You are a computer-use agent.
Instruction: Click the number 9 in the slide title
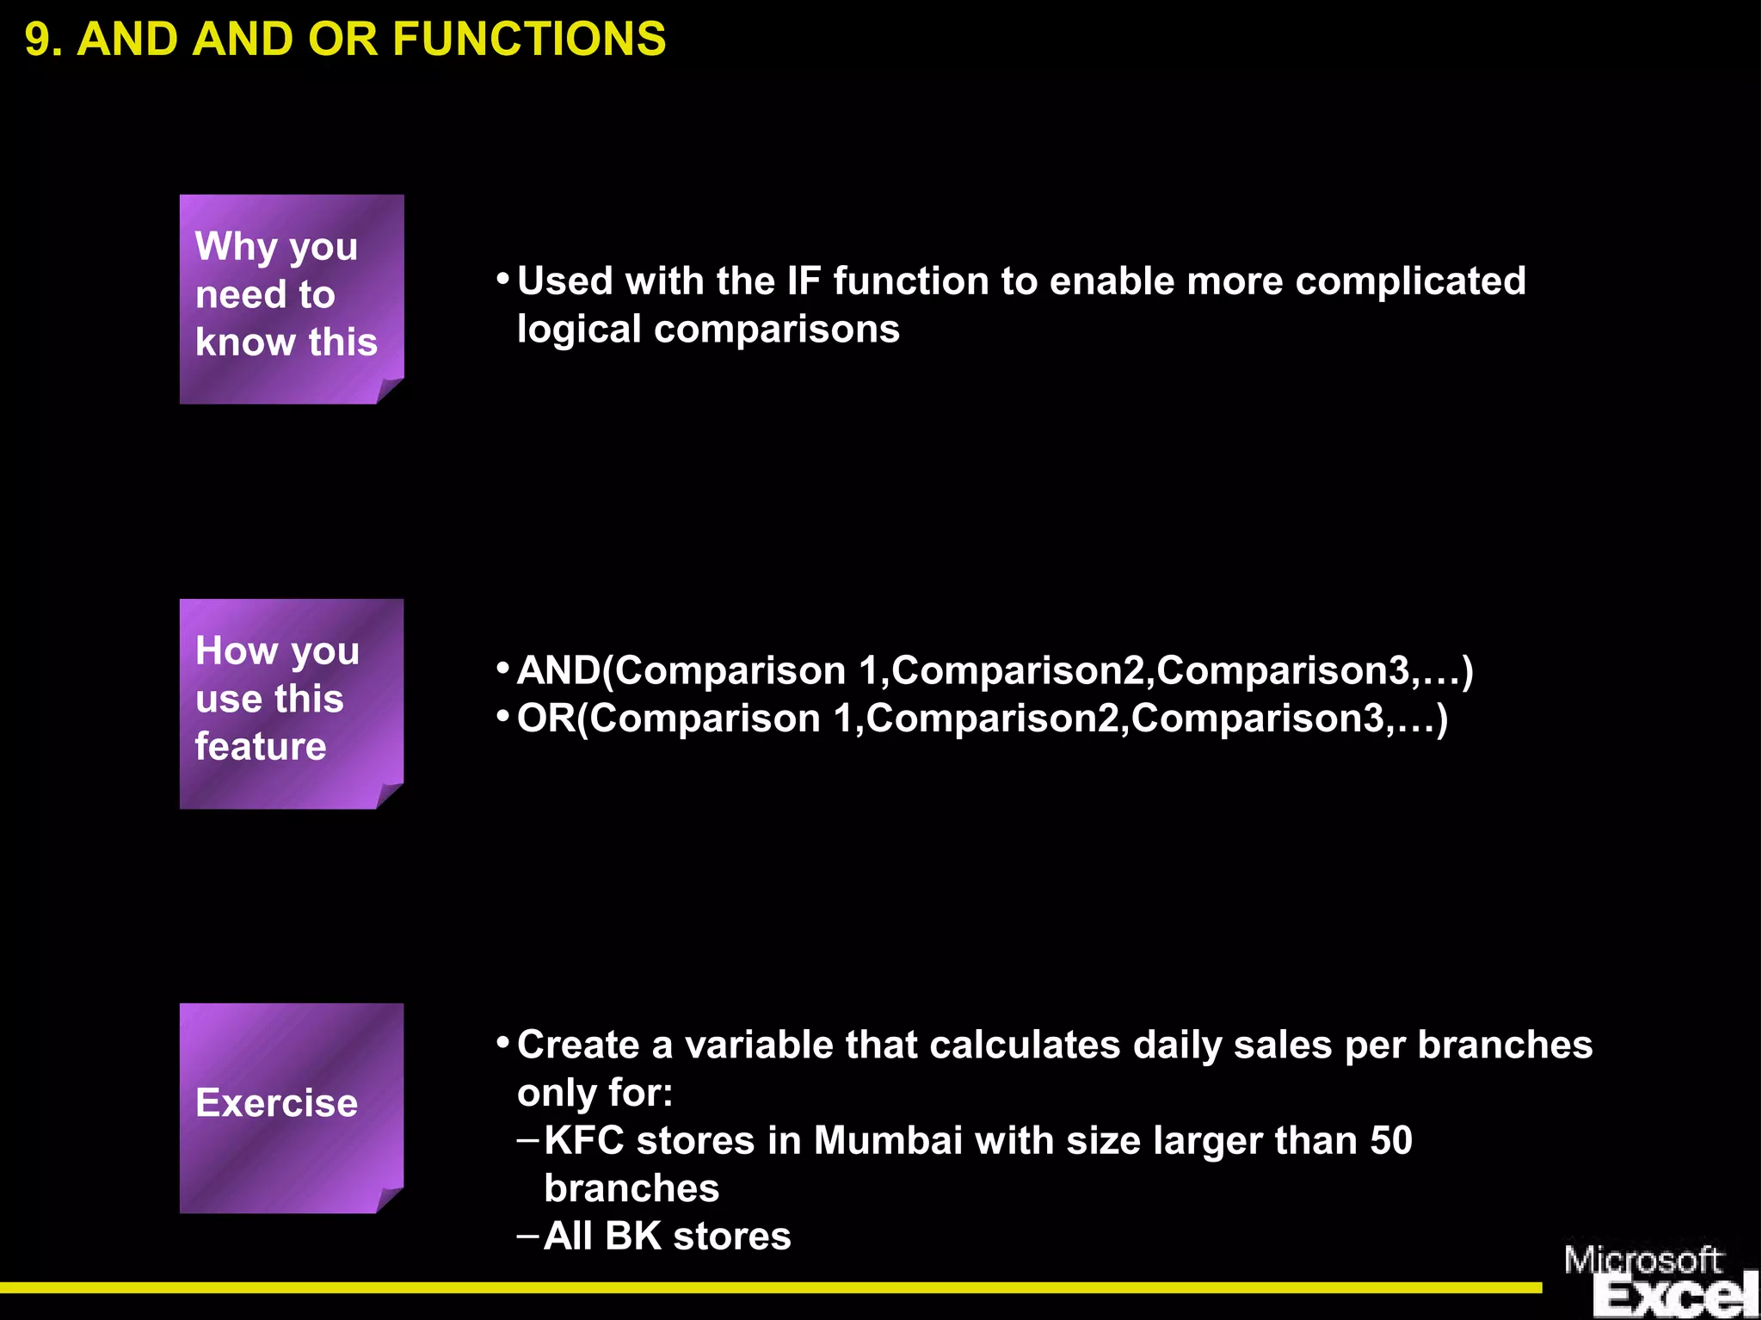click(x=37, y=40)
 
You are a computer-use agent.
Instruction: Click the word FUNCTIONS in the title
click(x=529, y=40)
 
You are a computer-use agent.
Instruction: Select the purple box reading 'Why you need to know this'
click(x=291, y=299)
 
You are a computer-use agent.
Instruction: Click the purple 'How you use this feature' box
click(x=291, y=703)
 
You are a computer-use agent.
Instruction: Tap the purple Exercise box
click(x=291, y=1107)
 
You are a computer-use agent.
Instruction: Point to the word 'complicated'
click(x=1410, y=281)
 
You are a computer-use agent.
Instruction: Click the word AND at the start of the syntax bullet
click(x=558, y=670)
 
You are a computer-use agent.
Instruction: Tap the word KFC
click(x=584, y=1140)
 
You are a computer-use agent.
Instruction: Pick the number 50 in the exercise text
click(x=1391, y=1140)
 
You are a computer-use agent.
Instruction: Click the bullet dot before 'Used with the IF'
click(x=503, y=280)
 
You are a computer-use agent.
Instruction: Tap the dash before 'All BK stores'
click(x=527, y=1236)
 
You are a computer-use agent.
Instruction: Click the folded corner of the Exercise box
click(x=389, y=1200)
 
